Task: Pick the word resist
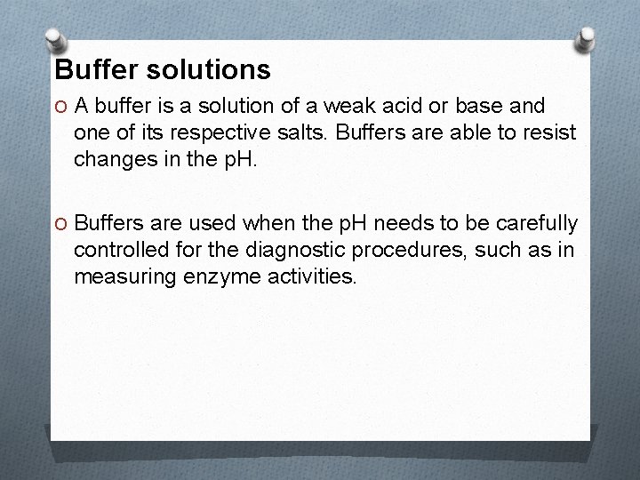tap(550, 134)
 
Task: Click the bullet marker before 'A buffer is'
tap(60, 108)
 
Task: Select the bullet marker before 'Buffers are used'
tap(60, 223)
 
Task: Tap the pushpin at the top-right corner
tap(587, 37)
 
